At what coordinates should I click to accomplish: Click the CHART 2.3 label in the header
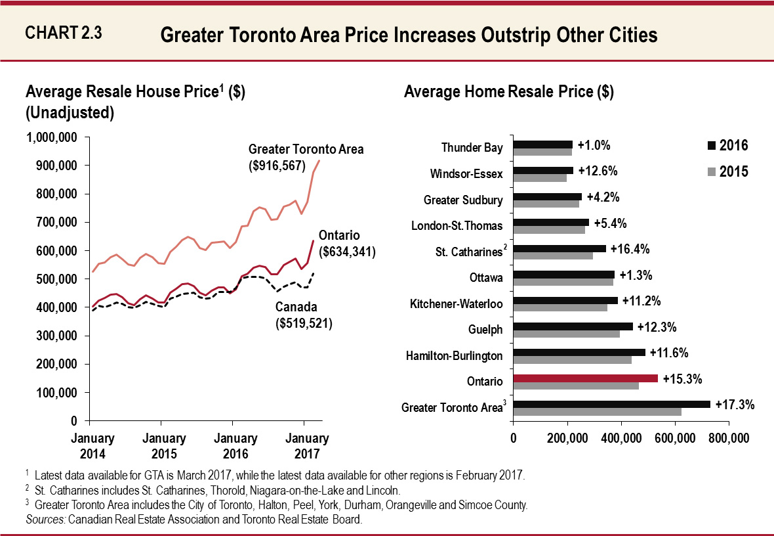tap(63, 32)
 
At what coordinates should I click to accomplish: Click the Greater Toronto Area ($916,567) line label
tap(306, 158)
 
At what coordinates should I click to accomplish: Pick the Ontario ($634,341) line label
tap(346, 243)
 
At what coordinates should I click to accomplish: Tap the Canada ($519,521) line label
tap(304, 315)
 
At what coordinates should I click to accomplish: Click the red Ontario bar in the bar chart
tap(585, 378)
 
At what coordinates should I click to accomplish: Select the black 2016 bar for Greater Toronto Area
tap(611, 404)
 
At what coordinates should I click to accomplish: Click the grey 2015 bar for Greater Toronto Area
tap(597, 412)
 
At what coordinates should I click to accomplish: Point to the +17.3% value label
tap(735, 405)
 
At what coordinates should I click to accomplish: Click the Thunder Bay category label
tap(472, 148)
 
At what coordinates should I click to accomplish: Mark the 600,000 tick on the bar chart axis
tap(675, 439)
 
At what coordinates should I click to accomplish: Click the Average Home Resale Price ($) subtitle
tap(508, 92)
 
